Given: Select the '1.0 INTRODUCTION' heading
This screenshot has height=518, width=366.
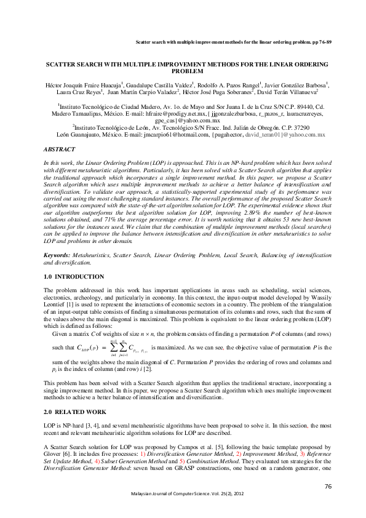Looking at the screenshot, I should pyautogui.click(x=74, y=277).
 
